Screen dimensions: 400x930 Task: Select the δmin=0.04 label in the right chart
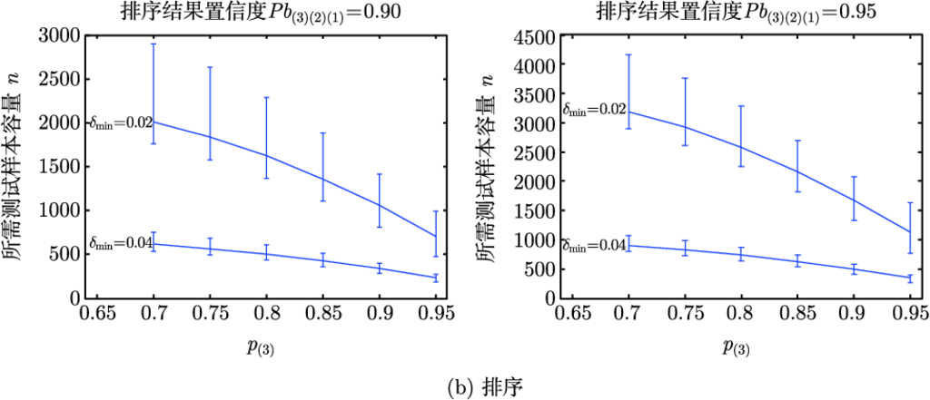[595, 246]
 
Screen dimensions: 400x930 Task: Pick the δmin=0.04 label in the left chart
[121, 244]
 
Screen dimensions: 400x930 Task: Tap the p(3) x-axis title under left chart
[267, 346]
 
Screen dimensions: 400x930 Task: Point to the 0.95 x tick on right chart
[908, 315]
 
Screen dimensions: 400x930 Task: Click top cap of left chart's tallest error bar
[154, 44]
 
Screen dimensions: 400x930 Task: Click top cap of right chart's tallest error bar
[628, 55]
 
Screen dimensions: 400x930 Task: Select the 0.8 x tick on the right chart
[742, 315]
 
